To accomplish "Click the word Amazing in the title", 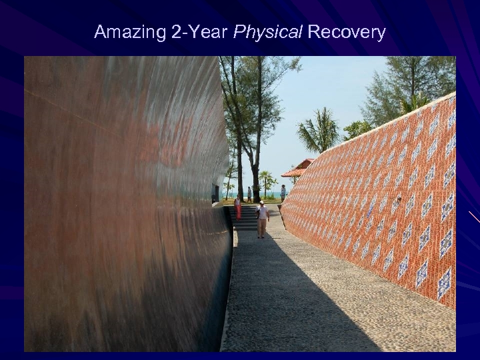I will (x=130, y=32).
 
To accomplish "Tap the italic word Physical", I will (x=267, y=32).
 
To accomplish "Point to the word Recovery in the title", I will (x=347, y=32).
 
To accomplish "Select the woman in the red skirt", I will (x=237, y=208).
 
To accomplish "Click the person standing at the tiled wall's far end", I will (x=283, y=193).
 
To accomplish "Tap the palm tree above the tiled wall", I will (x=320, y=131).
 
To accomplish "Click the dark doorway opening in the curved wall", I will (x=215, y=193).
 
